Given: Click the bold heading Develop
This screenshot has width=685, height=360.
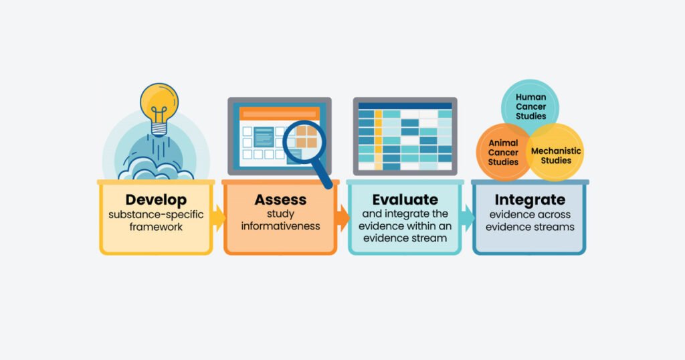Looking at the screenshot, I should pyautogui.click(x=156, y=199).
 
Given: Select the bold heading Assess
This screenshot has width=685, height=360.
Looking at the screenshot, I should pyautogui.click(x=280, y=199).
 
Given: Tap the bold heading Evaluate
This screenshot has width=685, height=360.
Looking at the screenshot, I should pyautogui.click(x=405, y=199).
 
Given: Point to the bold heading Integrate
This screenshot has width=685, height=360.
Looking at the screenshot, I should pyautogui.click(x=530, y=199).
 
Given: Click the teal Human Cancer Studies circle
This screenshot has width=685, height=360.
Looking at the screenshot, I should pyautogui.click(x=530, y=106).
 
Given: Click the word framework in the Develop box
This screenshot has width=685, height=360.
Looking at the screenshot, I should pyautogui.click(x=156, y=227).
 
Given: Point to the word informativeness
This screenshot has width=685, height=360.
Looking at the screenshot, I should pyautogui.click(x=280, y=226).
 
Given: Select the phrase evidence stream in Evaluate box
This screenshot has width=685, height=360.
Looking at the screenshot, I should pyautogui.click(x=405, y=238).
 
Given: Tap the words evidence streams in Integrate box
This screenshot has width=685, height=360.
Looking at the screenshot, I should pyautogui.click(x=530, y=226).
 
